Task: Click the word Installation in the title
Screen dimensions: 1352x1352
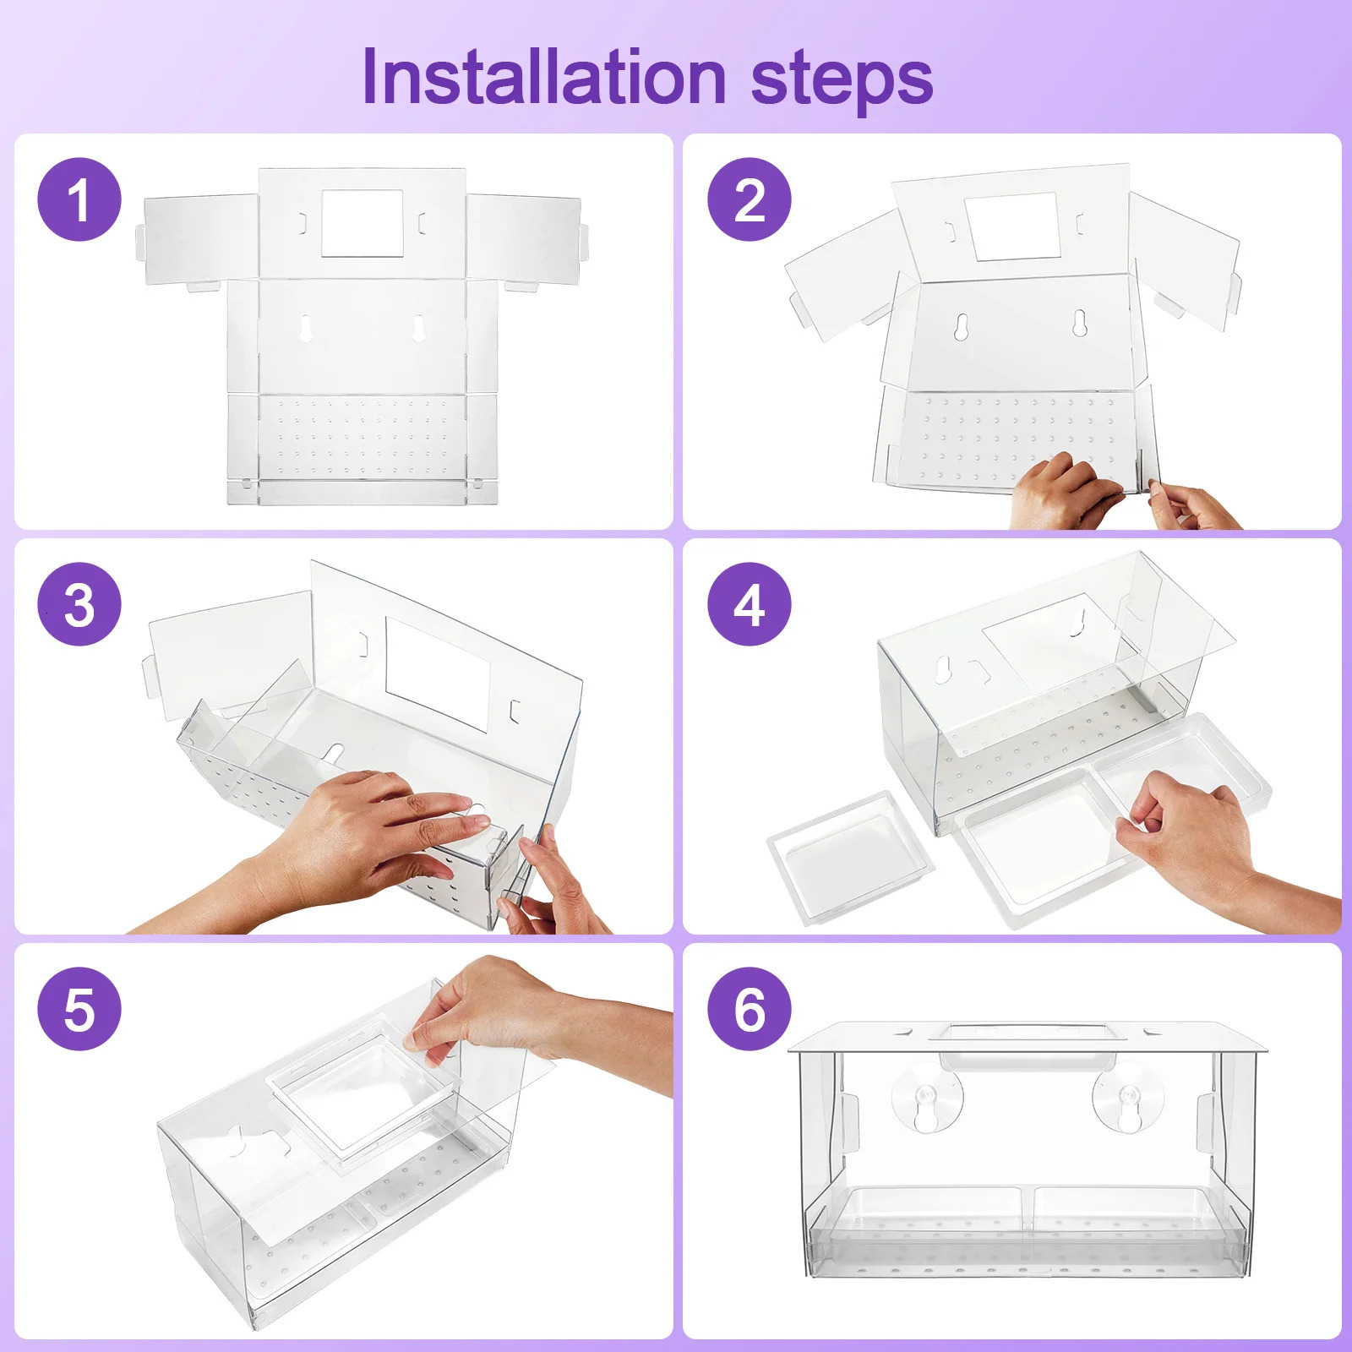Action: (x=544, y=77)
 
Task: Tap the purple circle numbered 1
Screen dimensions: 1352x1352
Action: (x=79, y=199)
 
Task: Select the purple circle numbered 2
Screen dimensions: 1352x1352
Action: (x=750, y=199)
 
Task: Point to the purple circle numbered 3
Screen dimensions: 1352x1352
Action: (x=79, y=604)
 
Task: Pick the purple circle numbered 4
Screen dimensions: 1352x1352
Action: (x=750, y=604)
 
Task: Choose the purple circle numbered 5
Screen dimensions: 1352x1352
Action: (x=79, y=1009)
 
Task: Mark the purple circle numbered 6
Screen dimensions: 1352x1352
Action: (x=750, y=1009)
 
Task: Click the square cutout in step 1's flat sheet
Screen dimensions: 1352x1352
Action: (x=362, y=223)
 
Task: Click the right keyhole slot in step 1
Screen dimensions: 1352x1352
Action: (x=417, y=329)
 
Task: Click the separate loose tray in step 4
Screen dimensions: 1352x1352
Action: (x=850, y=858)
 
